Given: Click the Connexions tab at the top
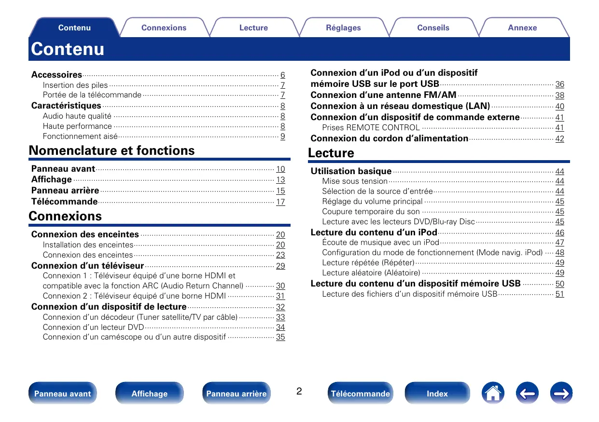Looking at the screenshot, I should click(164, 28).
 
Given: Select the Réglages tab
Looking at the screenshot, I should click(343, 28).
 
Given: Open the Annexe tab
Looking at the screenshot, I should click(522, 28).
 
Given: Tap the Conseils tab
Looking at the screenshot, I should click(433, 28).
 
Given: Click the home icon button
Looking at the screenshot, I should click(493, 394).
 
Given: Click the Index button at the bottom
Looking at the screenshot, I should click(437, 394).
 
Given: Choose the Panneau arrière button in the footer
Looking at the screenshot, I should click(236, 394).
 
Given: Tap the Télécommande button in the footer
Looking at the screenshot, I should click(360, 394).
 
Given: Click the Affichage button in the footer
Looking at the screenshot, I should click(150, 394).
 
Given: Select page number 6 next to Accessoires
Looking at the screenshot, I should click(283, 75).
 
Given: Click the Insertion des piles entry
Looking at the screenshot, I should click(75, 85).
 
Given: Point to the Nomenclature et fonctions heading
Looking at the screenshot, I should click(112, 150).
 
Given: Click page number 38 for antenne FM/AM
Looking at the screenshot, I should click(559, 95).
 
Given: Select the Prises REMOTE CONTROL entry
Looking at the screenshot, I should click(371, 128).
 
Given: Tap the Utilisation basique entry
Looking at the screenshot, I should click(351, 171).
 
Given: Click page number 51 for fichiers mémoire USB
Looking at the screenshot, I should click(559, 294).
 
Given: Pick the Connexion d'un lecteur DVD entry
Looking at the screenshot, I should click(93, 327).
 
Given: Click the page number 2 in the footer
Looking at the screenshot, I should click(299, 391).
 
